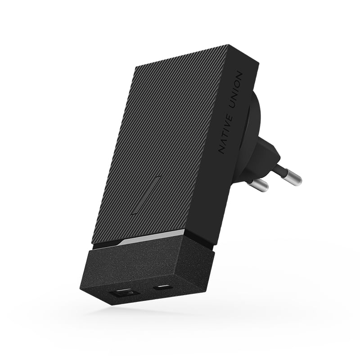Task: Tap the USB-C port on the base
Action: click(162, 288)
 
